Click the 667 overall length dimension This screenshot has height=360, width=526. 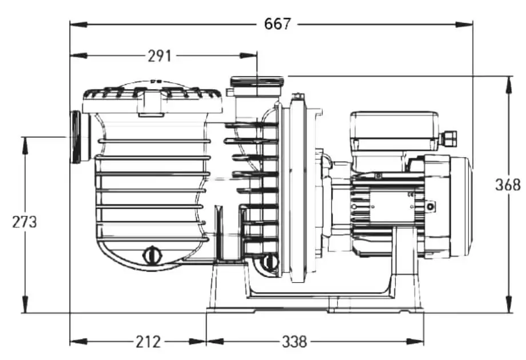pyautogui.click(x=277, y=24)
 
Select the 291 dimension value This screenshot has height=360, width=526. pyautogui.click(x=160, y=56)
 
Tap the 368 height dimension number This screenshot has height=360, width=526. pyautogui.click(x=508, y=185)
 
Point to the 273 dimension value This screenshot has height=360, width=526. pyautogui.click(x=25, y=222)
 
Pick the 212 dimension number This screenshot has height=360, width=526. pyautogui.click(x=148, y=342)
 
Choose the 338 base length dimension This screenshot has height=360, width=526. pyautogui.click(x=294, y=342)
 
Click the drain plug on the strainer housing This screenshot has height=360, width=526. pyautogui.click(x=152, y=255)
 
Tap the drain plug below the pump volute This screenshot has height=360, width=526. pyautogui.click(x=269, y=262)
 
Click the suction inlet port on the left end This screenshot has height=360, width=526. pyautogui.click(x=81, y=137)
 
